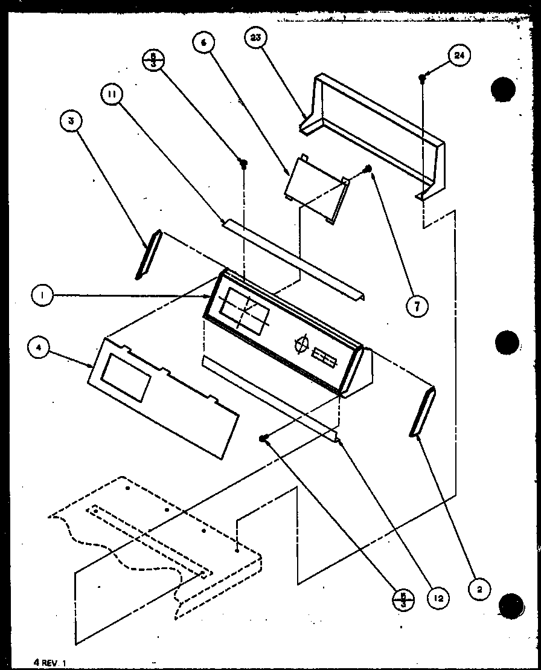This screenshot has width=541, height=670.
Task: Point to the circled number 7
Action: pos(417,306)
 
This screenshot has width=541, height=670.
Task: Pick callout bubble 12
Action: pos(439,598)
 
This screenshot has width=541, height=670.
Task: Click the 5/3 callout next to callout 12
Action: pos(399,600)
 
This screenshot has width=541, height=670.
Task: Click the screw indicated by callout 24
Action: pos(423,77)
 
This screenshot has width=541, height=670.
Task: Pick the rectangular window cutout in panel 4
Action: pos(126,378)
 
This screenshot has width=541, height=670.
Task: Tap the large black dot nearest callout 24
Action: pos(504,90)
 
